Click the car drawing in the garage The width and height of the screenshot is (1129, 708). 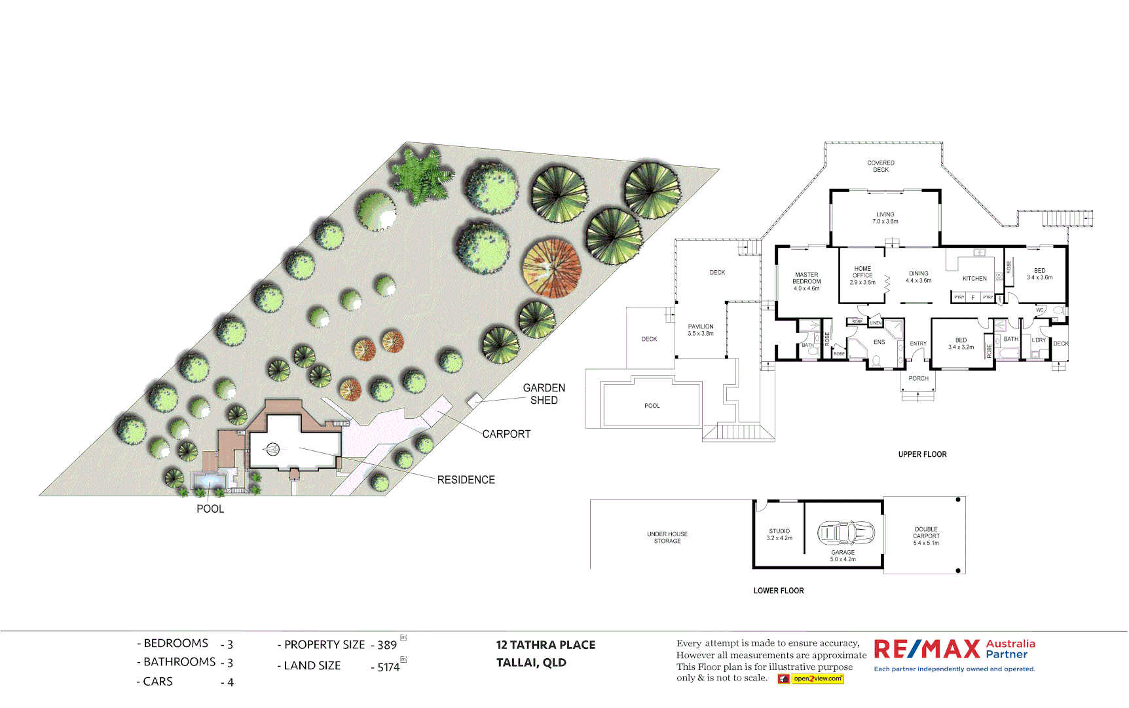coord(845,532)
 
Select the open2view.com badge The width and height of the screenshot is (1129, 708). coord(811,678)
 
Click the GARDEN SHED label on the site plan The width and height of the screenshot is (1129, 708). coord(544,394)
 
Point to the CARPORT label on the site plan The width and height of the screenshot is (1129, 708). coord(506,434)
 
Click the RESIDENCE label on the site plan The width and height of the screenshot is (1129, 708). coord(466,480)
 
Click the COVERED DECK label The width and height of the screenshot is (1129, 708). coord(881,166)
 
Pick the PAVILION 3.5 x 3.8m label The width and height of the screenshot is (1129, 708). coord(701,330)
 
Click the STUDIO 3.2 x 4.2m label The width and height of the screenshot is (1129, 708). coord(779,534)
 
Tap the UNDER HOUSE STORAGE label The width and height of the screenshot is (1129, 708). coord(667,538)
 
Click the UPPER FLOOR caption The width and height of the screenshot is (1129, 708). coord(922,454)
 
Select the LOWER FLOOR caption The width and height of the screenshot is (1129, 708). coord(778,591)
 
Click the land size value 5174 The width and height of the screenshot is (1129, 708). coord(388,667)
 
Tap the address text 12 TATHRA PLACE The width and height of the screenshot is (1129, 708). coord(546,645)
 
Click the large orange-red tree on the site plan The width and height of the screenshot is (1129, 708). coord(551,268)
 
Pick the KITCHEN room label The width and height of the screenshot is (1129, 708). coord(974,279)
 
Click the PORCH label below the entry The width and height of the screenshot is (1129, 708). coord(918,378)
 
